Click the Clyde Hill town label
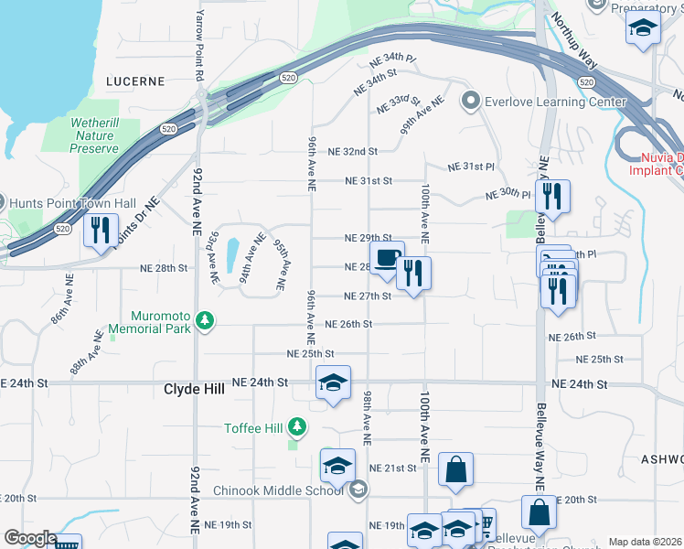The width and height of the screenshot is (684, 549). [193, 389]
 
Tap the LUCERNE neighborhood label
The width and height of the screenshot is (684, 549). [135, 81]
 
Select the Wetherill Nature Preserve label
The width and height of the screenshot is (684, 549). [95, 135]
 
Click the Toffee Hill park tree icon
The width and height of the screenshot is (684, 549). [296, 426]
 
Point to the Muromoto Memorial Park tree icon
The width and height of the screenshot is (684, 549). [208, 321]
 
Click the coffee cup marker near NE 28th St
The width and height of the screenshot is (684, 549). [387, 259]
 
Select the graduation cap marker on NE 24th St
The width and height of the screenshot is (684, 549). [333, 383]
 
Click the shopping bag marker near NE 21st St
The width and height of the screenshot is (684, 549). [455, 470]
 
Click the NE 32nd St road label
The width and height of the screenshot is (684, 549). [352, 151]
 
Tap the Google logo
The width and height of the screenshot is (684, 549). [29, 538]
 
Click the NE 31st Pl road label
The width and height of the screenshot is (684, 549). [471, 167]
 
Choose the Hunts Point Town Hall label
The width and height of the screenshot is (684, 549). [70, 203]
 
